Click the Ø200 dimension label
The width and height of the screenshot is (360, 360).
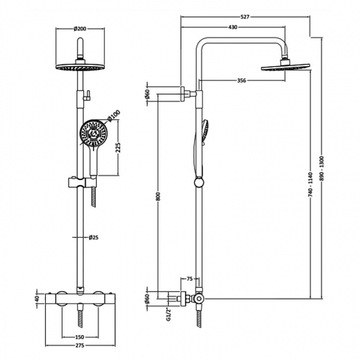[80, 29]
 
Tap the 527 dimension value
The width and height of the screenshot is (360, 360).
[245, 17]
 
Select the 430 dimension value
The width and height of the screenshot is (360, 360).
[233, 27]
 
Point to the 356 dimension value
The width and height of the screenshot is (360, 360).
[241, 80]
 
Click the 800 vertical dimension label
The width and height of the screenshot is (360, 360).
[158, 196]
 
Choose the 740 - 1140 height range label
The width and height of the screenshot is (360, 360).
[311, 184]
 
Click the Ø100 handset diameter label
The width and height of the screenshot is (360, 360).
[114, 116]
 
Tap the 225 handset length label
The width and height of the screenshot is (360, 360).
[118, 147]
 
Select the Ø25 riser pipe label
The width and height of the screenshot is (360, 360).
[94, 237]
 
